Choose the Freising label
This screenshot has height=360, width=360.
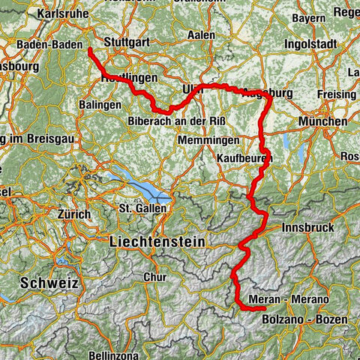pyautogui.click(x=335, y=94)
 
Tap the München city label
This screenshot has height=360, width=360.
pyautogui.click(x=322, y=121)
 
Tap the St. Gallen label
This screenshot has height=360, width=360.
pyautogui.click(x=141, y=207)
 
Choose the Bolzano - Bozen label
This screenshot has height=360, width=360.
pyautogui.click(x=305, y=319)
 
